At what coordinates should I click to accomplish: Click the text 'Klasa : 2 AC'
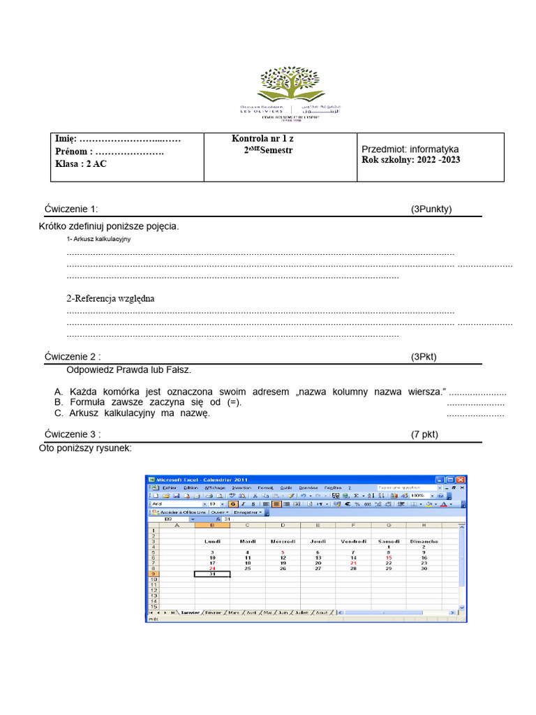pos(81,165)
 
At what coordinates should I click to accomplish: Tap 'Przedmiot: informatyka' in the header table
pos(410,149)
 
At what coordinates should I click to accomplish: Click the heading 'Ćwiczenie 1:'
pos(71,209)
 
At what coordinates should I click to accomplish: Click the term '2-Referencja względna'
pos(110,299)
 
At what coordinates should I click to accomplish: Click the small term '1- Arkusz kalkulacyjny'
pos(98,239)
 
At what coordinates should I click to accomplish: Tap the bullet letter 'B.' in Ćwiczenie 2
pos(59,403)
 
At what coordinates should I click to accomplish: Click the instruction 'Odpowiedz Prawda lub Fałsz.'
pos(128,369)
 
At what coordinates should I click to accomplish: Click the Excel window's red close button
pos(461,480)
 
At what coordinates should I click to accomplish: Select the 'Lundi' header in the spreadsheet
pos(212,541)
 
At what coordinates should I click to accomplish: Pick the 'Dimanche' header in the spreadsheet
pos(424,541)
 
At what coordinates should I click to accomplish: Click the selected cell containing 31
pos(212,574)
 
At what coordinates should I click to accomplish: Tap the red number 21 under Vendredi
pos(353,563)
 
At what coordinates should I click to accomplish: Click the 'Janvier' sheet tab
pos(189,612)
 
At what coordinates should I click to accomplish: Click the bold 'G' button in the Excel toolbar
pos(233,503)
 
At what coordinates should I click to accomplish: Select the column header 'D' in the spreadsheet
pos(283,525)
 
